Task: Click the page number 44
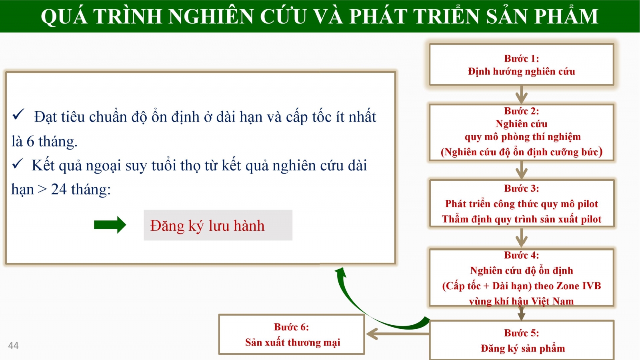[x=14, y=346]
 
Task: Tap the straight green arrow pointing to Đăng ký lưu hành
[x=110, y=225]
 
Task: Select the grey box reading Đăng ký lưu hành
[x=218, y=225]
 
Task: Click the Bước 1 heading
[x=522, y=58]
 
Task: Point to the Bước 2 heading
[x=522, y=111]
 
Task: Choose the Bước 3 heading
[x=522, y=188]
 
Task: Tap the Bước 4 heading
[x=522, y=255]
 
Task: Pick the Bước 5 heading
[x=522, y=333]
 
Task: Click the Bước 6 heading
[x=292, y=327]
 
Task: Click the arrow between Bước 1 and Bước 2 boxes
[x=522, y=94]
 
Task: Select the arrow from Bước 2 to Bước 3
[x=522, y=170]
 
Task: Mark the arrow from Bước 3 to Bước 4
[x=522, y=238]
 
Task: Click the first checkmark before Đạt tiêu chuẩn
[x=18, y=114]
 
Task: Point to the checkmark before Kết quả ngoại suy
[x=17, y=164]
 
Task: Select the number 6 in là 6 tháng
[x=30, y=142]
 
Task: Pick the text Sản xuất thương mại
[x=292, y=342]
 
